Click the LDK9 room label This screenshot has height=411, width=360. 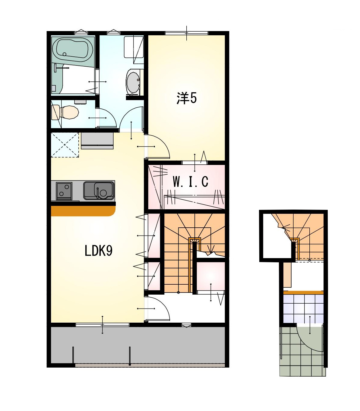98,251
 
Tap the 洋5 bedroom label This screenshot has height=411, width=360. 187,98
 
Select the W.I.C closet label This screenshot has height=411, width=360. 190,182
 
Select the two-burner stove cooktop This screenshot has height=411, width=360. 64,191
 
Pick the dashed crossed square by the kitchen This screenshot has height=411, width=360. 65,145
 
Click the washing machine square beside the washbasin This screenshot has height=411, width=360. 134,46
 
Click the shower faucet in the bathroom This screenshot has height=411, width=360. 59,68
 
